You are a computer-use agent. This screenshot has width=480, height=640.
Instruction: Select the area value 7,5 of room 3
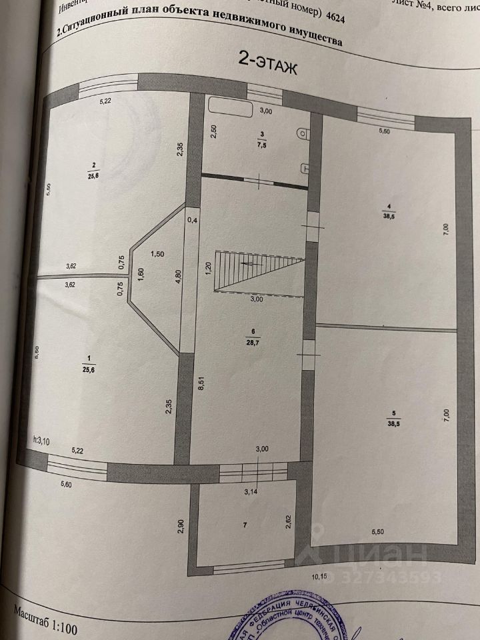pyautogui.click(x=263, y=147)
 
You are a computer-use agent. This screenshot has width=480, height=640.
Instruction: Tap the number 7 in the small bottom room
pyautogui.click(x=245, y=526)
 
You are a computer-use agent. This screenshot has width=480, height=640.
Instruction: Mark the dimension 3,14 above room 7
pyautogui.click(x=251, y=493)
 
